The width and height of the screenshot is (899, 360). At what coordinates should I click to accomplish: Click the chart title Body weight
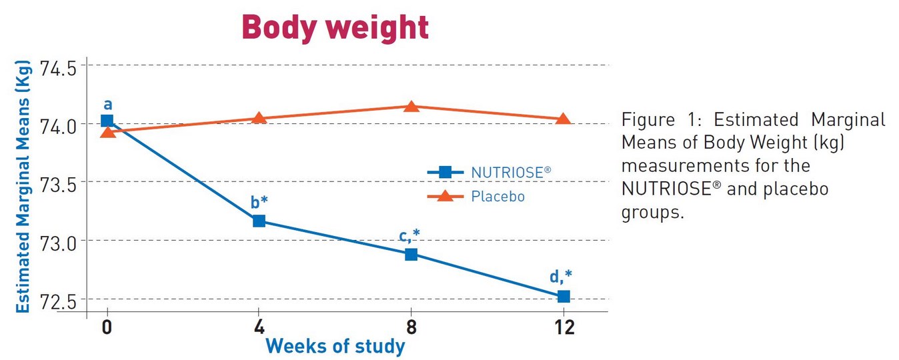pos(335,27)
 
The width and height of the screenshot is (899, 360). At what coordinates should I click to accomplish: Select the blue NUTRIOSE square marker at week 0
pos(107,121)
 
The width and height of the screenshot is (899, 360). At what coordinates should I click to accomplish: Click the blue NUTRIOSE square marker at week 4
pos(259,221)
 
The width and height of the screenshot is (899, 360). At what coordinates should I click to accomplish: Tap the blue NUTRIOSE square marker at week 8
pos(411,254)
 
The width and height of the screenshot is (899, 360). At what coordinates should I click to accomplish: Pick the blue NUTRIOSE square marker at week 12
pos(563,296)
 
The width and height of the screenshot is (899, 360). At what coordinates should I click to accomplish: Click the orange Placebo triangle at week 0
pos(107,132)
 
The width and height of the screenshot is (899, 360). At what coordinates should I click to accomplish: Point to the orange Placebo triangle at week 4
pos(259,119)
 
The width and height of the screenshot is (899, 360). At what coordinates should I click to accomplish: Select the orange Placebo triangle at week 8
pos(411,107)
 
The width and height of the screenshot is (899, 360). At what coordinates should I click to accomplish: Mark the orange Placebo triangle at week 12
pos(563,119)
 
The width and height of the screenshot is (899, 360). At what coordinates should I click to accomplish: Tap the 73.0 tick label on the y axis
pos(58,241)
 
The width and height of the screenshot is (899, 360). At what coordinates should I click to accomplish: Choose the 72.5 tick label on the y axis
pos(58,299)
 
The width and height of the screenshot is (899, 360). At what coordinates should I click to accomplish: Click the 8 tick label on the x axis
pos(411,328)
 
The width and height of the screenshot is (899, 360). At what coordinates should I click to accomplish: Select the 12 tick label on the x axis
pos(563,328)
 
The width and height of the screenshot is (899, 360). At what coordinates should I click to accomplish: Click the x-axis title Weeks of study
pos(335,347)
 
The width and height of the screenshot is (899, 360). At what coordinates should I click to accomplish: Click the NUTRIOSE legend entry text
pos(511,172)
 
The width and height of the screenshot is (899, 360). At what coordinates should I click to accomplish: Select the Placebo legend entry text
pos(498,197)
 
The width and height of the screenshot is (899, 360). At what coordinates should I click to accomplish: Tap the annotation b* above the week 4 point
pos(259,202)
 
